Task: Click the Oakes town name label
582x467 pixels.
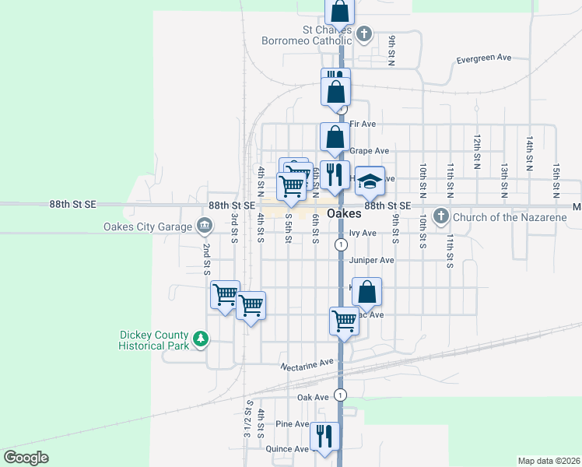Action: (x=344, y=213)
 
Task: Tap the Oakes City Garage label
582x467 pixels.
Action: (x=148, y=226)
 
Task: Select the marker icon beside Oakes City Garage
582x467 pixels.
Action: (x=204, y=226)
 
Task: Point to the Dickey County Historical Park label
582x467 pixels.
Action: (x=154, y=339)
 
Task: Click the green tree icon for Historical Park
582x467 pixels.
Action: (x=202, y=339)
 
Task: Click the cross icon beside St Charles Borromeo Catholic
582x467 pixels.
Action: (x=364, y=33)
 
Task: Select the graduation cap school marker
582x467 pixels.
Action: (x=370, y=181)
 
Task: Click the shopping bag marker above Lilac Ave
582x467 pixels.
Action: (x=366, y=292)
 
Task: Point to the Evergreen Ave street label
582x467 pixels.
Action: (x=483, y=58)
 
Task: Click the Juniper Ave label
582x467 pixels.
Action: (x=372, y=260)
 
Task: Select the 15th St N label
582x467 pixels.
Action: (x=556, y=180)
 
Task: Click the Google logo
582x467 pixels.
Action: (x=26, y=458)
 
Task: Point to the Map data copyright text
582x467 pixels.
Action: (x=549, y=461)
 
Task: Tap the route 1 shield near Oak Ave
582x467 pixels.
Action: (x=340, y=393)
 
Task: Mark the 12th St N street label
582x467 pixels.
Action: (x=476, y=150)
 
